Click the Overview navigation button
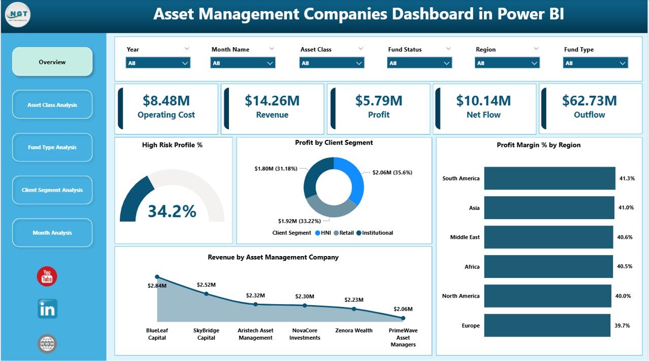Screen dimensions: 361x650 point(52,62)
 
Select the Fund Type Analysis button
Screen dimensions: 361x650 point(52,148)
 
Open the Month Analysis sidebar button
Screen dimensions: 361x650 point(52,233)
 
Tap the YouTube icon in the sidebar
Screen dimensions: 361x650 point(47,276)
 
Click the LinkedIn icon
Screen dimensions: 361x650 point(47,309)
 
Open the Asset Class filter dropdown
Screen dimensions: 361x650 point(332,63)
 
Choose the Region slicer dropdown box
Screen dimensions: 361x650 point(507,63)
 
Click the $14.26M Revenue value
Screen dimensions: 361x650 point(272,101)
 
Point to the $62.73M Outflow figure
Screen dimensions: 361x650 point(589,100)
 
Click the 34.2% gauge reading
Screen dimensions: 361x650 point(172,211)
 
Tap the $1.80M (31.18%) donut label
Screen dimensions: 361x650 point(276,168)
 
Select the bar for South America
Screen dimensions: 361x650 point(549,178)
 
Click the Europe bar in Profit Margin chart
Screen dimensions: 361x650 point(547,326)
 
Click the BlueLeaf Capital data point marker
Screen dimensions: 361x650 point(157,277)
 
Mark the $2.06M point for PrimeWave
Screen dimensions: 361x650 point(403,318)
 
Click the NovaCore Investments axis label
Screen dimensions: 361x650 point(305,334)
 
